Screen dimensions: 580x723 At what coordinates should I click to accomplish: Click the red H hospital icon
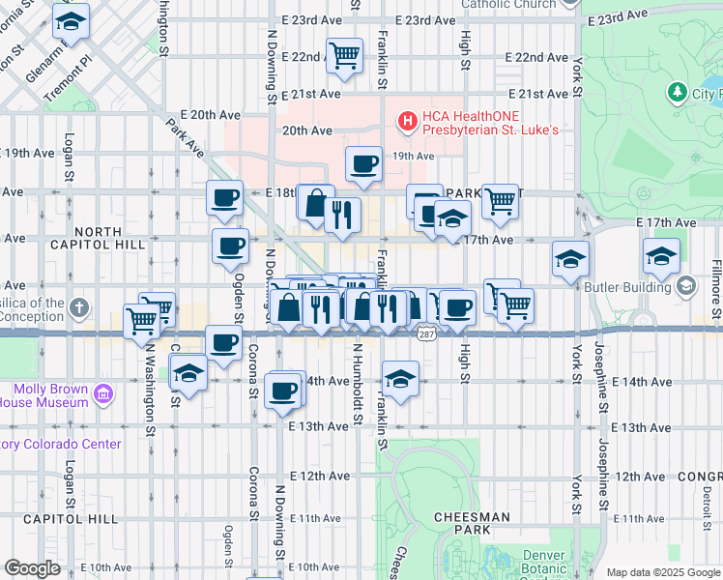408,121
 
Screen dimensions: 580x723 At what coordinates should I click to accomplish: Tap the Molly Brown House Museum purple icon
103,393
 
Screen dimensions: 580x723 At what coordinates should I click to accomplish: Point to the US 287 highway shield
426,334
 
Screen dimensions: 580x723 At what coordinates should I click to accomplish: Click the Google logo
32,567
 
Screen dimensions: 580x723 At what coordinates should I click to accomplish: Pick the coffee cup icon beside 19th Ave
363,163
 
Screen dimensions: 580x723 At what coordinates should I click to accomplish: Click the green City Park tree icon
677,93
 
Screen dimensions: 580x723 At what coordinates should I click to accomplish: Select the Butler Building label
628,287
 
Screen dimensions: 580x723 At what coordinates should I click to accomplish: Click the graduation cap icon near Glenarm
70,20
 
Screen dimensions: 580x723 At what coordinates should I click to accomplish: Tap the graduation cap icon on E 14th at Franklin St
400,376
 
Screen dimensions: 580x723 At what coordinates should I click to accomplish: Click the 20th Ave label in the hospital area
307,130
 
